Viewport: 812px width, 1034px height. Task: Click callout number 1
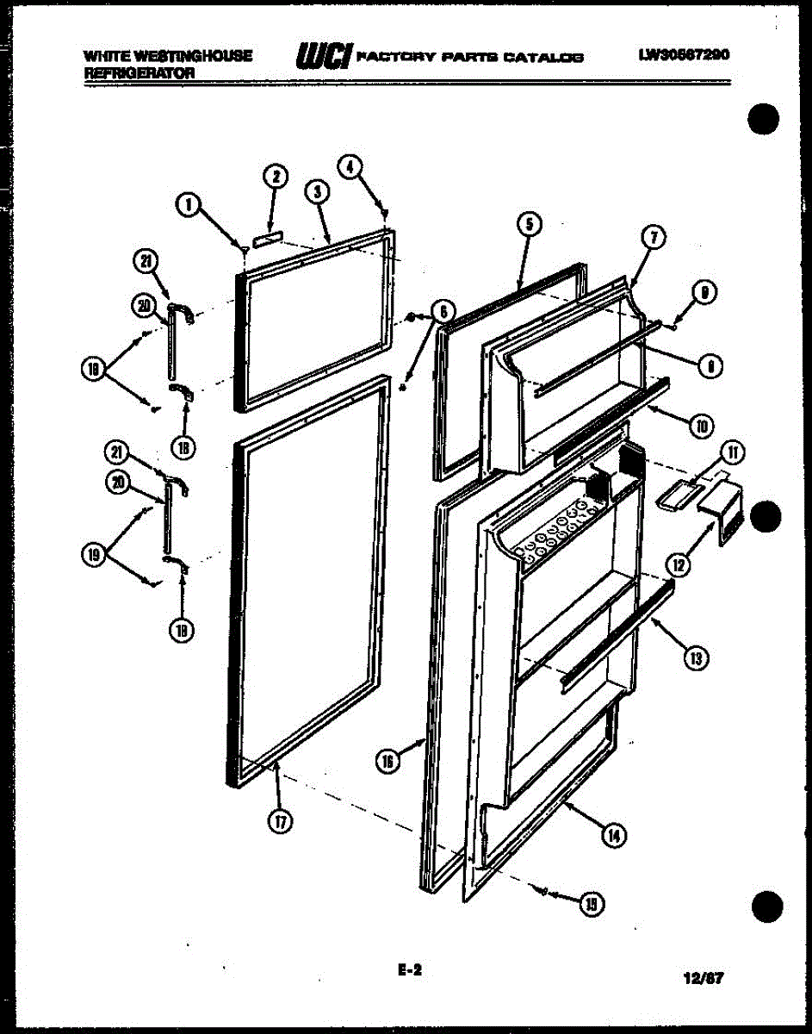[189, 204]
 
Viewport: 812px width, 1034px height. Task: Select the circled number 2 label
[275, 178]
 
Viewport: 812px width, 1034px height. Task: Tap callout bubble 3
[318, 192]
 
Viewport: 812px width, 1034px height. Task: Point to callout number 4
[350, 166]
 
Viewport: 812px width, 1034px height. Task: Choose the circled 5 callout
[529, 224]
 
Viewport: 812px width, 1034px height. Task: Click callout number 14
[614, 834]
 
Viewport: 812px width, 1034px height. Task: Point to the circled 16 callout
[387, 761]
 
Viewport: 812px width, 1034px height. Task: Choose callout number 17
[278, 821]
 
